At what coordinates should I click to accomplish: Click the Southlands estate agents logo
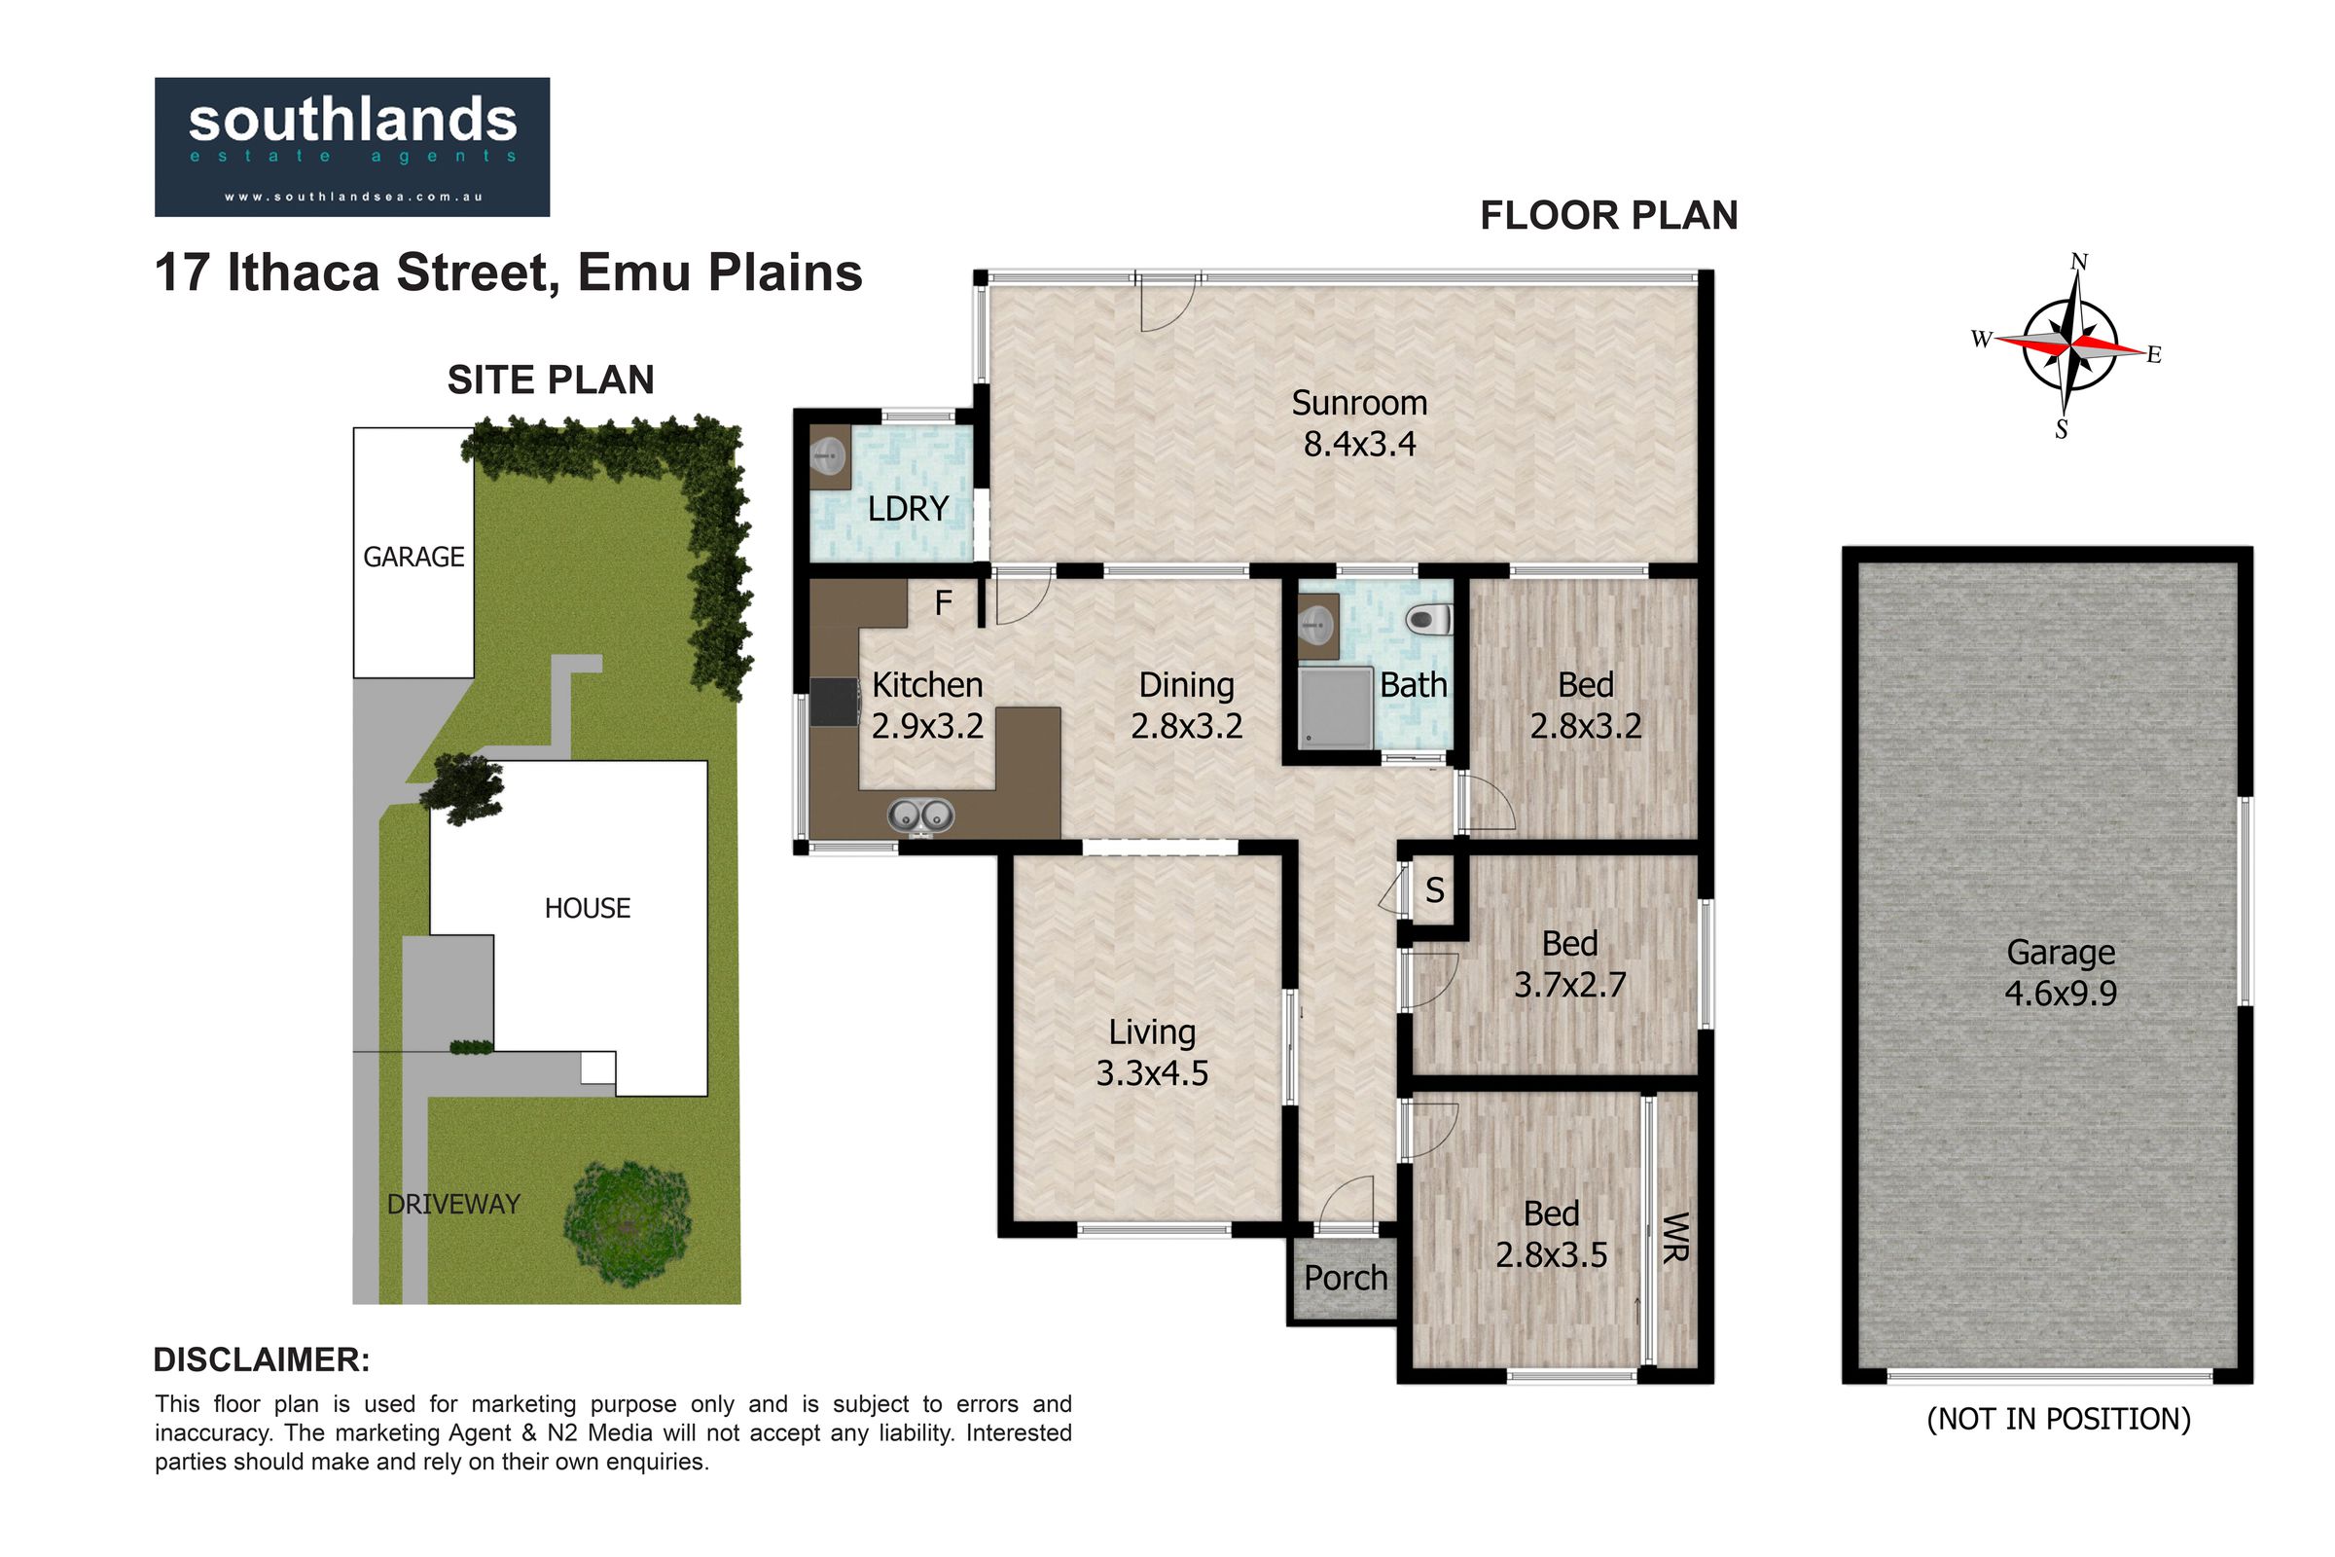[352, 147]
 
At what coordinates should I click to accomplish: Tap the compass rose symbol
[2069, 345]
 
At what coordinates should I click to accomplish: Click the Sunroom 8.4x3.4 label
[1359, 423]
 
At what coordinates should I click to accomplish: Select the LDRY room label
[908, 509]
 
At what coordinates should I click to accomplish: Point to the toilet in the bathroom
[1429, 621]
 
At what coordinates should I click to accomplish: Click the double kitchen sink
[920, 815]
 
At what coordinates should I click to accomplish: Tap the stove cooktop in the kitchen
[834, 701]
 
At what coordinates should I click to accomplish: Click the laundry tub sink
[829, 457]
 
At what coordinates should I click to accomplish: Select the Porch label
[1346, 1279]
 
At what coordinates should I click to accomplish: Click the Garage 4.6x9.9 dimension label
[2061, 973]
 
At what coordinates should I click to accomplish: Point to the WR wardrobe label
[1674, 1236]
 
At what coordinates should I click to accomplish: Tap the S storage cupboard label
[1434, 890]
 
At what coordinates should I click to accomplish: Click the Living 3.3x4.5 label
[1152, 1053]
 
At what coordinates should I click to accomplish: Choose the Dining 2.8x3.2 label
[1186, 705]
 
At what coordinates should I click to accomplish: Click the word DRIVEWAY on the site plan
[453, 1205]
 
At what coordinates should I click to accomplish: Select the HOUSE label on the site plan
[588, 909]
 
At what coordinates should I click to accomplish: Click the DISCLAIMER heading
[262, 1360]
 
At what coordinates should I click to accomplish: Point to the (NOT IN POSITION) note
[2059, 1419]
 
